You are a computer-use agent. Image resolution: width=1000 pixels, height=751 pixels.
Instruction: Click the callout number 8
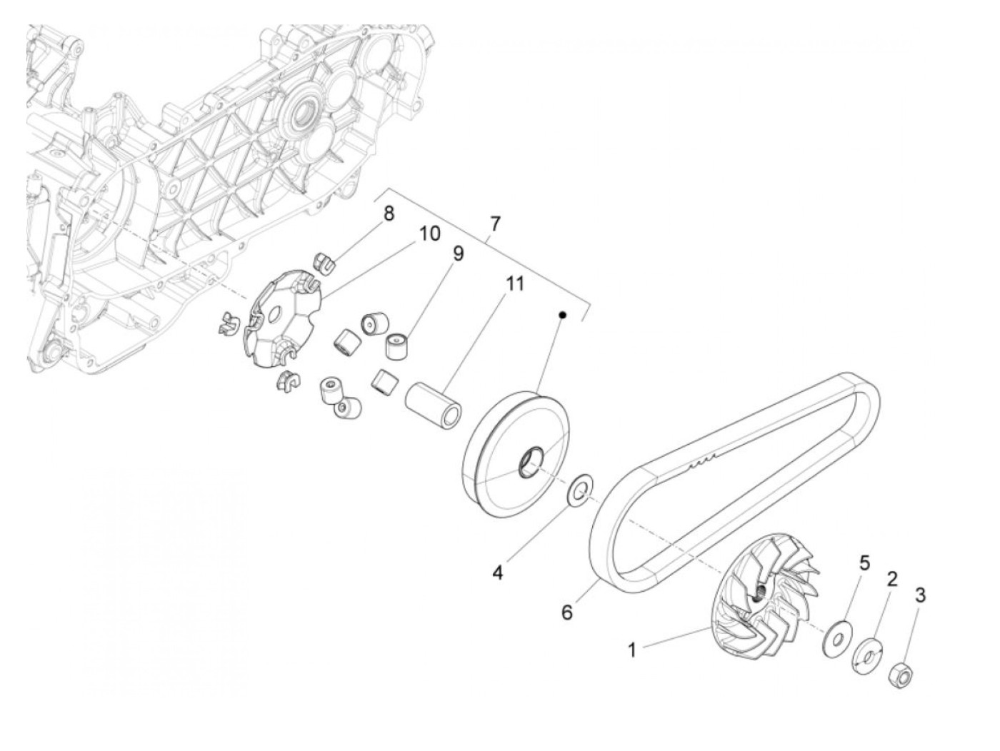(388, 213)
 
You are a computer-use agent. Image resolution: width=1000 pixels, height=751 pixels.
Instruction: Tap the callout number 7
(495, 223)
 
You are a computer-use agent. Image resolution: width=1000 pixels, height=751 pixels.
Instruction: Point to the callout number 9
(457, 253)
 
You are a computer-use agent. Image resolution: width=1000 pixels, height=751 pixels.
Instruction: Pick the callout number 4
(497, 572)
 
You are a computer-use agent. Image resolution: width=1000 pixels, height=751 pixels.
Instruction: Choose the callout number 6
(566, 612)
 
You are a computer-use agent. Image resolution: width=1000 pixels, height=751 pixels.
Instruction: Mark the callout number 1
(631, 650)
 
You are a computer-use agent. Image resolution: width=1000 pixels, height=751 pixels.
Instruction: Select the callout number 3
(920, 595)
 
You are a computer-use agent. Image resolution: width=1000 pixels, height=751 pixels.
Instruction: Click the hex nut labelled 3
(899, 672)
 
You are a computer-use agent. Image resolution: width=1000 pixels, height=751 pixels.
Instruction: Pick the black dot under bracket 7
(562, 315)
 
